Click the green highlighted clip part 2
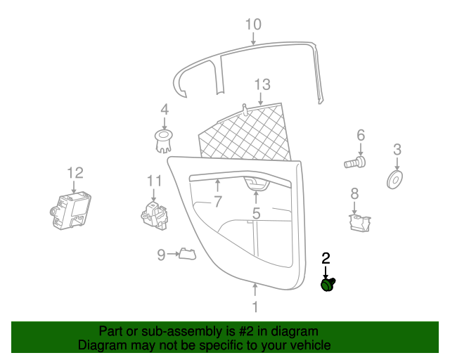(x=328, y=284)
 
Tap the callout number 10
(x=253, y=25)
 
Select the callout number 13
(x=262, y=85)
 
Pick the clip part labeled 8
(x=360, y=222)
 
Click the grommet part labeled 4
(x=163, y=139)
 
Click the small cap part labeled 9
(x=186, y=253)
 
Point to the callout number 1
(x=255, y=307)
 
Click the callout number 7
(x=218, y=202)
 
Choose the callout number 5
(x=256, y=212)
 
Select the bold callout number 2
(x=326, y=258)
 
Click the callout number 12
(x=75, y=172)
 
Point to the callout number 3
(x=397, y=149)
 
